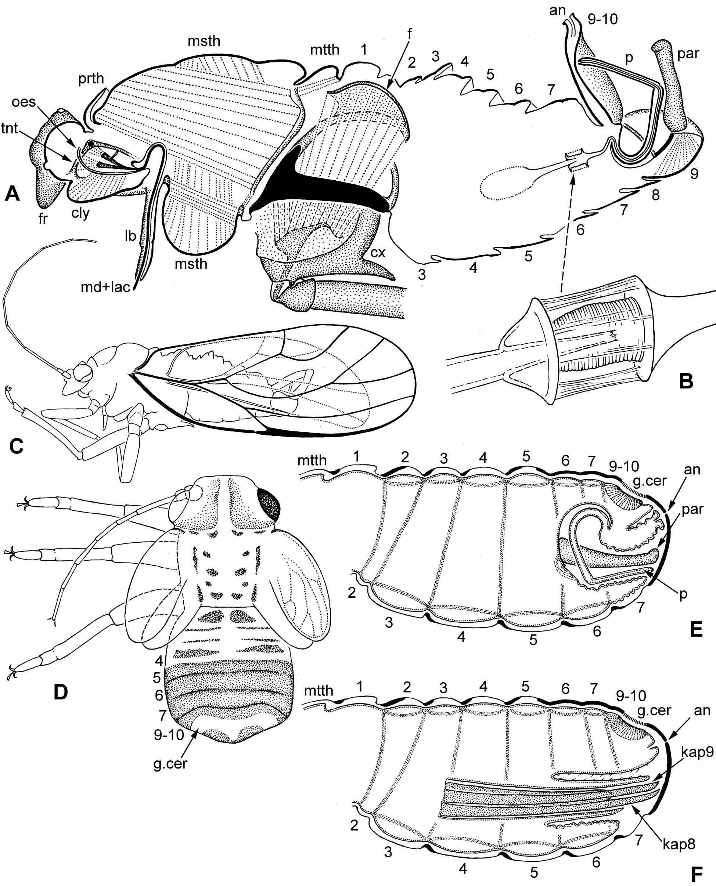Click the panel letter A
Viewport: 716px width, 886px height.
click(x=12, y=193)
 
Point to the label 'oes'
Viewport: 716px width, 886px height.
click(x=24, y=101)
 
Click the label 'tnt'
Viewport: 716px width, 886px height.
click(x=9, y=128)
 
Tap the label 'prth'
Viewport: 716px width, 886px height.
click(x=91, y=78)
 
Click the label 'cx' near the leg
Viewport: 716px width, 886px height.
click(x=378, y=252)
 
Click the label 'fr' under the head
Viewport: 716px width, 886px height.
click(x=43, y=219)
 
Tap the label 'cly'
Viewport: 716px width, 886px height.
click(x=80, y=213)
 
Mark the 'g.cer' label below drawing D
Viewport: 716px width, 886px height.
click(x=170, y=764)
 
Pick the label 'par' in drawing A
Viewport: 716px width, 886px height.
click(x=688, y=53)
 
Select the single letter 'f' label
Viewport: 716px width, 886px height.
click(x=409, y=34)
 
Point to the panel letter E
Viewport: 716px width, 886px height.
click(x=696, y=630)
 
